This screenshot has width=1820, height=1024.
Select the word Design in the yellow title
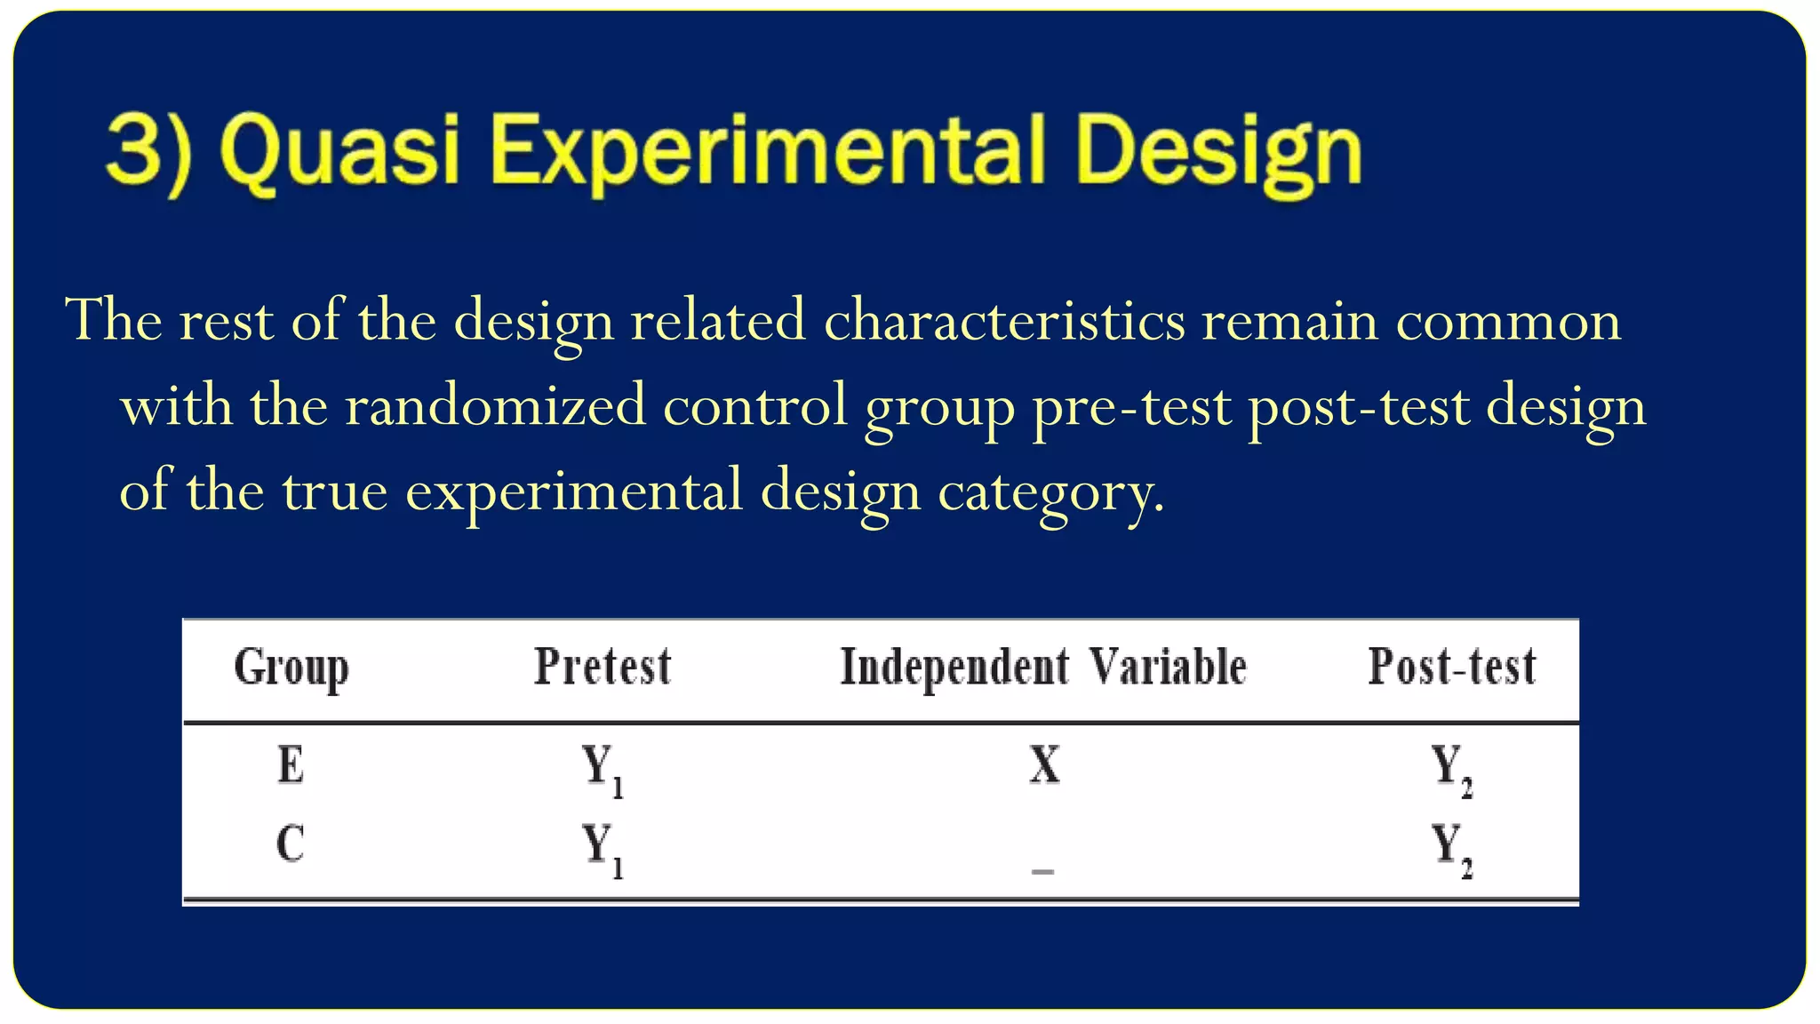click(x=1218, y=149)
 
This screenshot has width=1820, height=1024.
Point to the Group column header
click(x=291, y=668)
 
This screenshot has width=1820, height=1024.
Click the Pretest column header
click(x=603, y=668)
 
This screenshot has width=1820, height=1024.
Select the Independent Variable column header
click(x=1043, y=668)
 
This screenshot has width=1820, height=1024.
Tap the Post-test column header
click(x=1452, y=668)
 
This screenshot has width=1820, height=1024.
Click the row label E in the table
click(x=291, y=765)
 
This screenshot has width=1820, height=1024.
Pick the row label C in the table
click(x=291, y=844)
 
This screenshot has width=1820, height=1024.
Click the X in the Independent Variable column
click(x=1044, y=765)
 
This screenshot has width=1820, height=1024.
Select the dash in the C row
click(x=1042, y=871)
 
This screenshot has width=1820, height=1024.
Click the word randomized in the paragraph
click(x=495, y=406)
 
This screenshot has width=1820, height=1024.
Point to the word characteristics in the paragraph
click(x=1004, y=321)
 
